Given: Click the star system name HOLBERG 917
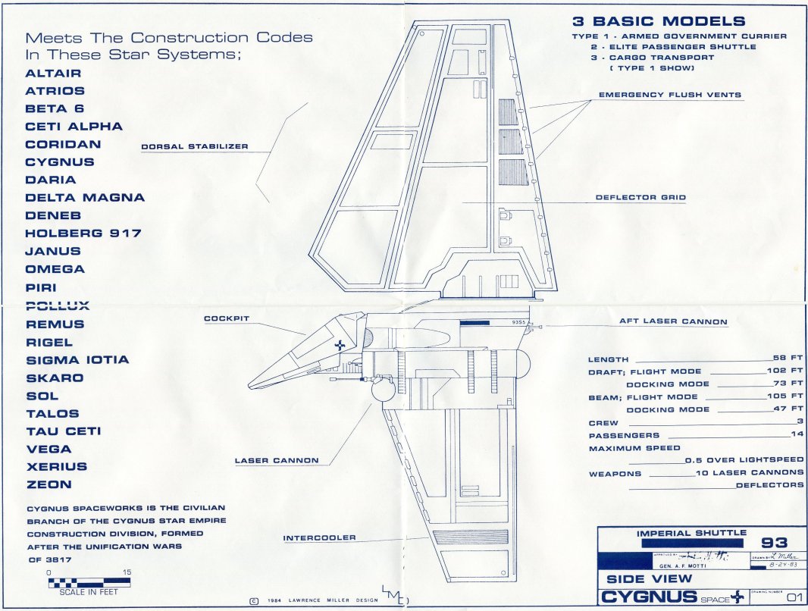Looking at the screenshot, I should (x=83, y=233).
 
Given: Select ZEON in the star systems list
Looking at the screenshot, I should (x=49, y=484).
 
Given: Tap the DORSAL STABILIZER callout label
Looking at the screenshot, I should (x=195, y=146).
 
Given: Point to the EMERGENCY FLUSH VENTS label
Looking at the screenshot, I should (x=670, y=96).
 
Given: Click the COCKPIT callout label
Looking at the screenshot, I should (x=227, y=319).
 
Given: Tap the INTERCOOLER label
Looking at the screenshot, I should (x=319, y=538).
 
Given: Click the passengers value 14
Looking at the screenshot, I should (x=796, y=434).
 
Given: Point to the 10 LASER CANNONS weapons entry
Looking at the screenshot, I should (x=750, y=472).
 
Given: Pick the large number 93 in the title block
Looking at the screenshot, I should (x=773, y=543).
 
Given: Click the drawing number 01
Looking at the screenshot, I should (x=794, y=598).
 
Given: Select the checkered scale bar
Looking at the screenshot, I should (x=89, y=583).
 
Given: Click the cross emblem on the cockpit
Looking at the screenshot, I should (x=340, y=345).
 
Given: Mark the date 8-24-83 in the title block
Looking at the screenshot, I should (x=775, y=564).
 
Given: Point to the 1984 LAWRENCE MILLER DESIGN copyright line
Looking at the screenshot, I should (x=313, y=600).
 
